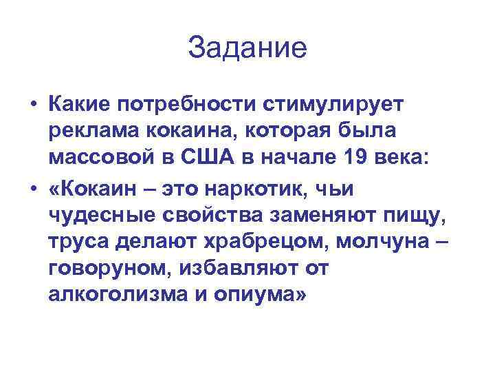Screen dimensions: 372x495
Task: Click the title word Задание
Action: click(x=247, y=48)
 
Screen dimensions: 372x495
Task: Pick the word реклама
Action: click(x=92, y=130)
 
